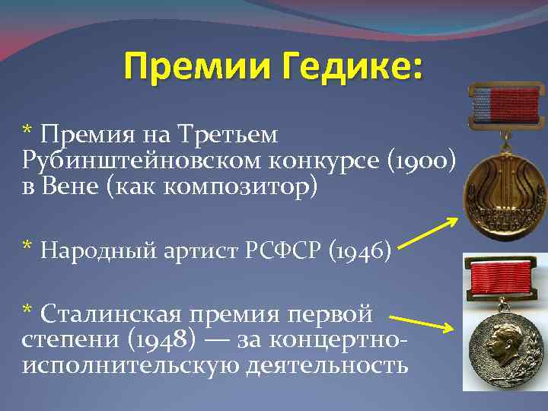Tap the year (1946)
[x=359, y=248]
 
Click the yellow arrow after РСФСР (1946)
[x=429, y=232]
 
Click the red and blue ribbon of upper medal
[x=505, y=104]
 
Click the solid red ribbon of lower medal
[x=505, y=279]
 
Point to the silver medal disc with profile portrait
[x=504, y=347]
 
